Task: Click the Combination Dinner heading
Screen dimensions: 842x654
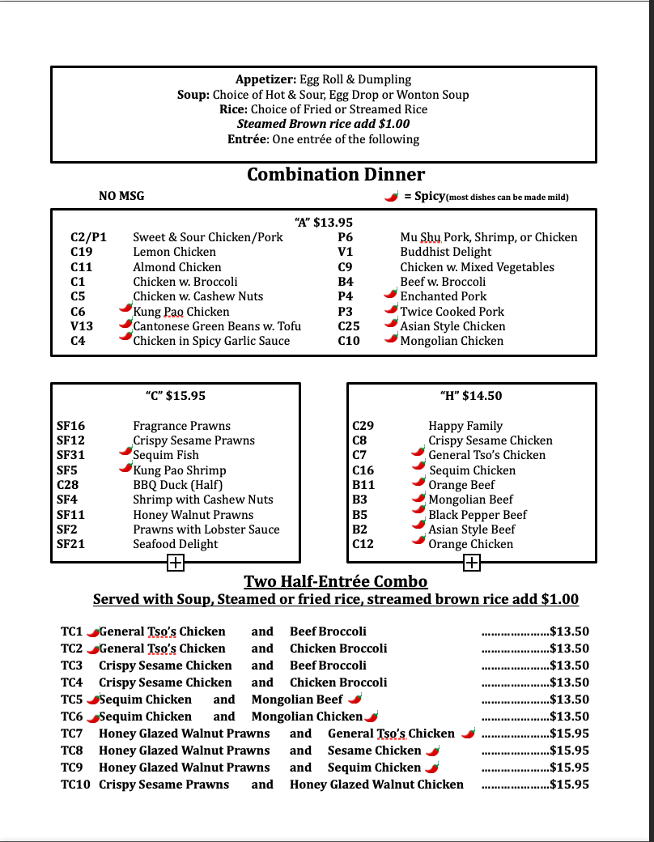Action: [x=335, y=175]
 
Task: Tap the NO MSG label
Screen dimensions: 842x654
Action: [x=121, y=196]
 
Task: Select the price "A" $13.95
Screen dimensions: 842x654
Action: [x=323, y=222]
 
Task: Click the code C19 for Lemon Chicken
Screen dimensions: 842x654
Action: [x=82, y=252]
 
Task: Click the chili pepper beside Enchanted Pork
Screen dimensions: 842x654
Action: [x=391, y=295]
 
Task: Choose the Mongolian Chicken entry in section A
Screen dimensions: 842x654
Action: [x=452, y=341]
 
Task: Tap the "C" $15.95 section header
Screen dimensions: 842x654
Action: [x=175, y=396]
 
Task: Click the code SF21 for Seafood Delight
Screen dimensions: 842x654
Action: [x=70, y=544]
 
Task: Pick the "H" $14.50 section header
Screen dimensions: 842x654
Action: [x=471, y=396]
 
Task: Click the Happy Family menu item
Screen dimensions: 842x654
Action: [x=465, y=426]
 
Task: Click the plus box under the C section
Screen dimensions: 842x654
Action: [x=176, y=563]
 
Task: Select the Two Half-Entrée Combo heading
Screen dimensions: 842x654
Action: [x=336, y=582]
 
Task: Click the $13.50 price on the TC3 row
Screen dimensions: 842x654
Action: [x=569, y=666]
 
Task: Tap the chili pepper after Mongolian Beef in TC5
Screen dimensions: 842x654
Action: [x=355, y=698]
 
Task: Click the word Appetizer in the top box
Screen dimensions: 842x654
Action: [x=265, y=79]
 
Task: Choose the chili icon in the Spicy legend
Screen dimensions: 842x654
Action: [x=391, y=196]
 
